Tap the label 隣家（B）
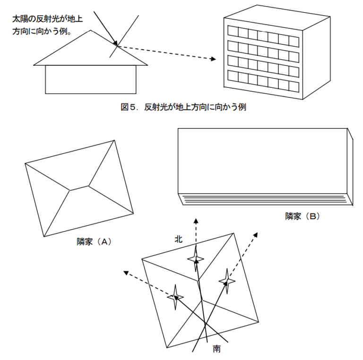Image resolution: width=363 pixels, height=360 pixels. point(302,216)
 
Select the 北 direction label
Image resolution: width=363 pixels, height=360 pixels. point(179,240)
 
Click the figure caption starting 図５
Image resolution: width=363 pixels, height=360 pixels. point(183,107)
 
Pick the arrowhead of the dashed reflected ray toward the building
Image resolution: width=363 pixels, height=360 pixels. point(213,59)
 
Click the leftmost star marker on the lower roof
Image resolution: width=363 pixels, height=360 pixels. point(175,297)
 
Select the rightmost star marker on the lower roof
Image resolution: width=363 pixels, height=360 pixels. point(227,282)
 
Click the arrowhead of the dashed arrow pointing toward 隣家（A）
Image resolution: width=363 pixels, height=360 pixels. point(126,272)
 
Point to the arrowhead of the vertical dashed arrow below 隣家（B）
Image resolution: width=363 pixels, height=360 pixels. point(196,220)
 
